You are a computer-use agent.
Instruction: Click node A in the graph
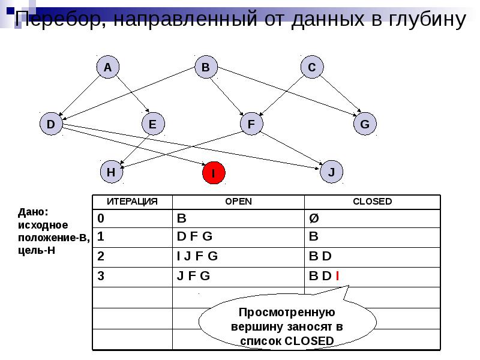point(107,68)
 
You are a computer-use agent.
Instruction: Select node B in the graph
point(206,68)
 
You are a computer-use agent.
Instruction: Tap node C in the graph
point(311,68)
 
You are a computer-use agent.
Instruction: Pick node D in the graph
point(51,124)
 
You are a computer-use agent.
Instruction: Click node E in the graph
point(152,124)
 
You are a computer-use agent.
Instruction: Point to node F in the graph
point(251,124)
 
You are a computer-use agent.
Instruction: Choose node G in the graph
point(365,124)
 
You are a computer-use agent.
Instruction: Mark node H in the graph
point(111,172)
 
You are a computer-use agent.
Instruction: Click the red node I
point(213,173)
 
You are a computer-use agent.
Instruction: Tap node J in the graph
point(331,172)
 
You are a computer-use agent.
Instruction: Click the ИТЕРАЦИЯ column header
point(132,202)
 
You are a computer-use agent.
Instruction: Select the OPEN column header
point(238,202)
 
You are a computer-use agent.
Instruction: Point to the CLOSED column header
point(372,202)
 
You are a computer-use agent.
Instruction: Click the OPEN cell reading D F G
point(194,236)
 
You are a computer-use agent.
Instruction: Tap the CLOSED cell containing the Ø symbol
point(314,217)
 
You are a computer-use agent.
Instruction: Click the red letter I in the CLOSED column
point(338,277)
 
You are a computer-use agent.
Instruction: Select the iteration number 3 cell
point(101,277)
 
